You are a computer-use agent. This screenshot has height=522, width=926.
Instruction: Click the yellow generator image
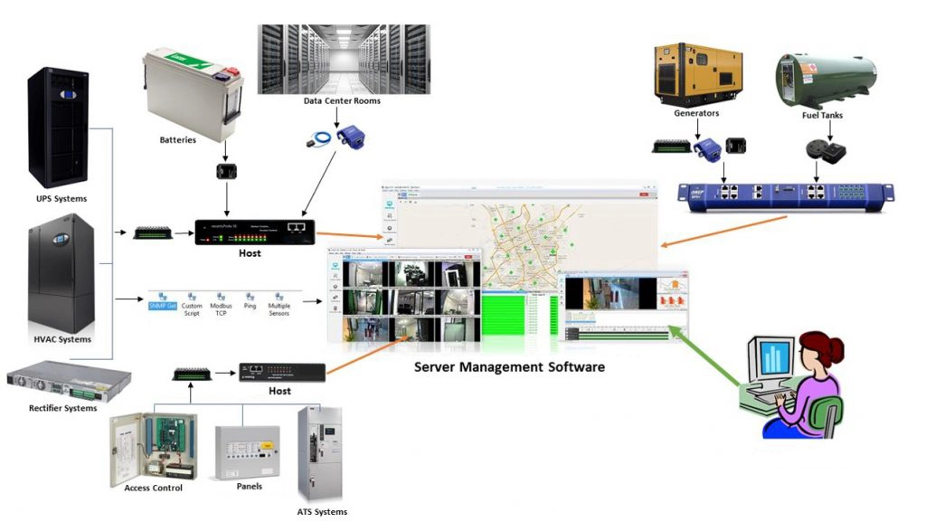pos(697,72)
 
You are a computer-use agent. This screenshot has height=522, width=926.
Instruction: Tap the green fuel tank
pos(823,77)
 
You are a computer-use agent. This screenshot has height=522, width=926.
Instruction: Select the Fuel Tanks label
pos(823,116)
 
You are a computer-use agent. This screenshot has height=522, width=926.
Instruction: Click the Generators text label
pos(696,114)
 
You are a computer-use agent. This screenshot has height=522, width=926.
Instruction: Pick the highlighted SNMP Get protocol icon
pos(163,301)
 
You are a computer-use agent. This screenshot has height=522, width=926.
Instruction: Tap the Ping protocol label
pos(250,306)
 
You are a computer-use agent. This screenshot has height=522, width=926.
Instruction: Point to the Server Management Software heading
pos(509,367)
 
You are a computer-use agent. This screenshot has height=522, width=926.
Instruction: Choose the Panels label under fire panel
pos(248,486)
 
